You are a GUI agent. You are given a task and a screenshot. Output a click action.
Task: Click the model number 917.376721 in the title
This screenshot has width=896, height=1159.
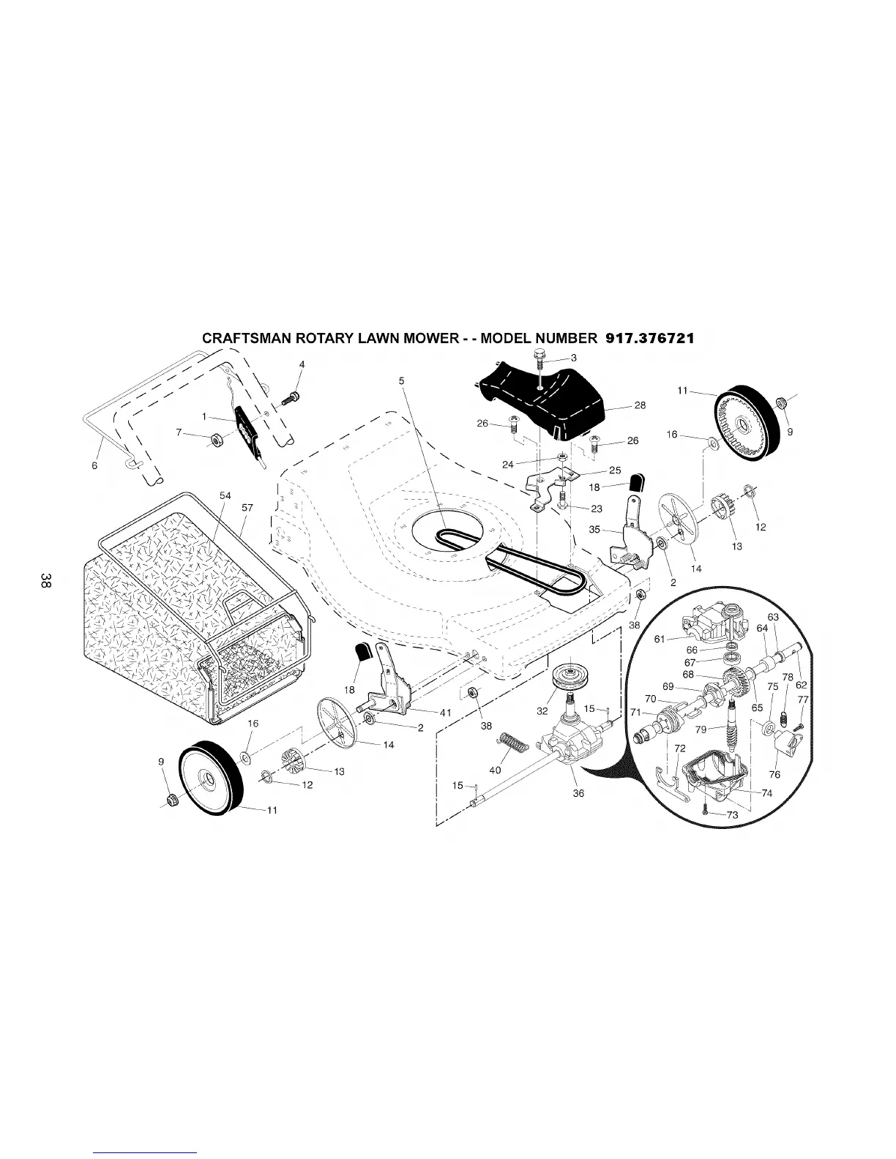pyautogui.click(x=650, y=339)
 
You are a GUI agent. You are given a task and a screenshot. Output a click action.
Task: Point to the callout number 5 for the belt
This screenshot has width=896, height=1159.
pyautogui.click(x=402, y=380)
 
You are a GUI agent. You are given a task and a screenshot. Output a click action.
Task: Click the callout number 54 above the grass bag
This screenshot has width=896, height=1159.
pyautogui.click(x=225, y=496)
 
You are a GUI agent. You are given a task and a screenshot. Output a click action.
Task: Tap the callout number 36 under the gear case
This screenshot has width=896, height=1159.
pyautogui.click(x=578, y=793)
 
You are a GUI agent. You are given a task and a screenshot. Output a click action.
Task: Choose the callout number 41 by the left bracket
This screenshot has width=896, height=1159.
pyautogui.click(x=445, y=713)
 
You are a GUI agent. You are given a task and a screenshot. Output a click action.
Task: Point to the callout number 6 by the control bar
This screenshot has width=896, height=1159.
pyautogui.click(x=95, y=468)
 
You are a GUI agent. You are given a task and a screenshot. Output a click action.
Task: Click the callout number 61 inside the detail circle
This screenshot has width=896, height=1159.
pyautogui.click(x=660, y=639)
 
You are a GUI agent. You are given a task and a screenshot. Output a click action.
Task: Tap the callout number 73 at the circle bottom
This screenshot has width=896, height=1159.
pyautogui.click(x=732, y=816)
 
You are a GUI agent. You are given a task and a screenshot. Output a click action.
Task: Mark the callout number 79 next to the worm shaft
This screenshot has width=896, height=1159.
pyautogui.click(x=701, y=729)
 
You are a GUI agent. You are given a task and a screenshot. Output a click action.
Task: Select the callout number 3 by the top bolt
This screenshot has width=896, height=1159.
pyautogui.click(x=574, y=358)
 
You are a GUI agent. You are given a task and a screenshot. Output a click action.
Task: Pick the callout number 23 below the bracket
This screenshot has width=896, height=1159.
pyautogui.click(x=597, y=509)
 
